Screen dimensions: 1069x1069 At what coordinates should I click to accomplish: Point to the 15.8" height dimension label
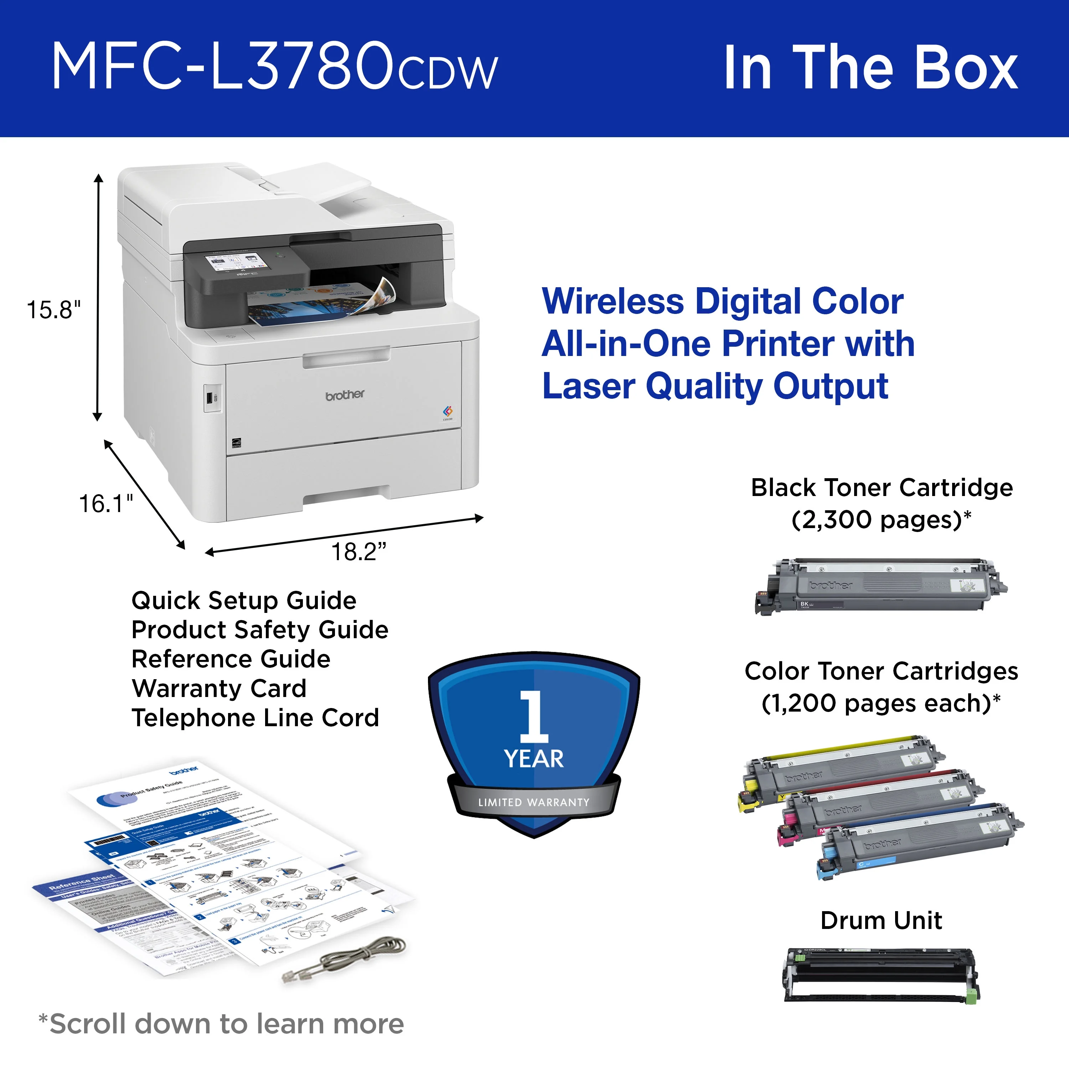(x=54, y=310)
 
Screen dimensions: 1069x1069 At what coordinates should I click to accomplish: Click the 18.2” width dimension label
(x=358, y=552)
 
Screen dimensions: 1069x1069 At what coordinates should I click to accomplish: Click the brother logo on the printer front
(x=345, y=394)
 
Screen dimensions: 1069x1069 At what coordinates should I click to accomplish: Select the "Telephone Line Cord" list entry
(x=255, y=718)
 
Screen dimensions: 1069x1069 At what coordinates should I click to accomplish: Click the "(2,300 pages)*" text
(x=881, y=520)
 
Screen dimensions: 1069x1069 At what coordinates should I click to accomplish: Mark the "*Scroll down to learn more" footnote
(x=221, y=1024)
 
